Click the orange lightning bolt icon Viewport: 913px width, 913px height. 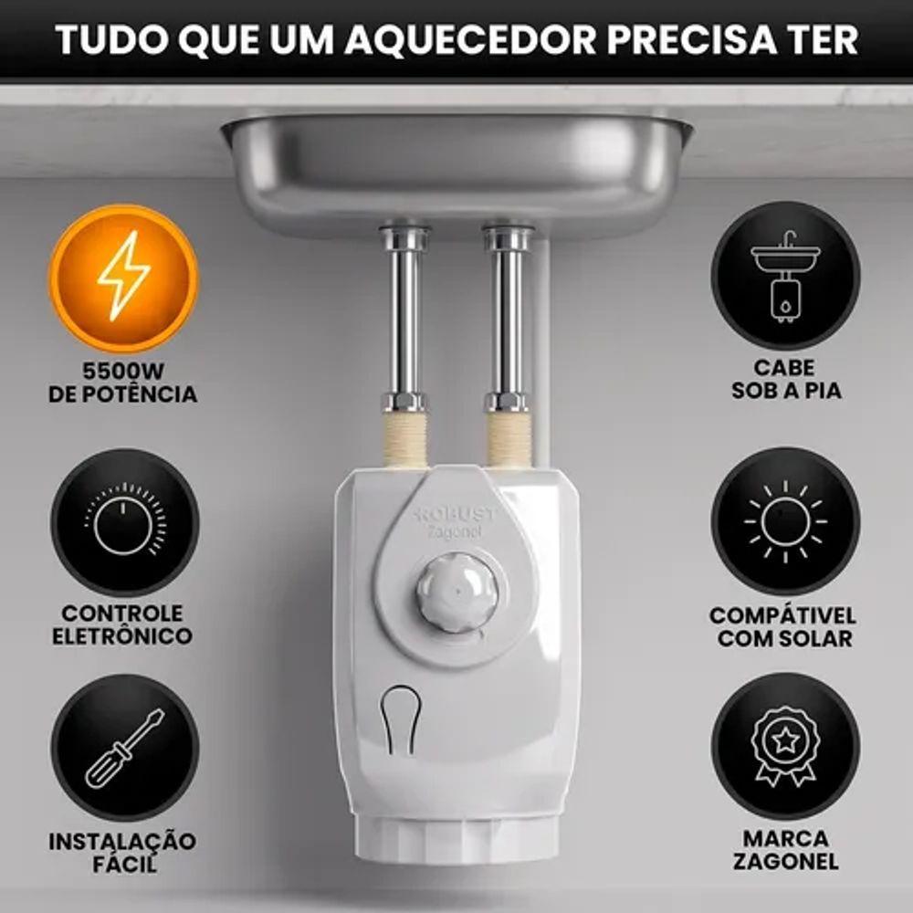(123, 278)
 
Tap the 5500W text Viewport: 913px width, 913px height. (123, 371)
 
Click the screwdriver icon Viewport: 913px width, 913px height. (124, 748)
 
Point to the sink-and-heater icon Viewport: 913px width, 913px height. (785, 276)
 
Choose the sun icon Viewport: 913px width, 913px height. (785, 521)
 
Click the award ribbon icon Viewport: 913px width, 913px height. (785, 747)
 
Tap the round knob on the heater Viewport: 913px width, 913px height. (457, 593)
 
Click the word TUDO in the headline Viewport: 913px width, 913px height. (110, 39)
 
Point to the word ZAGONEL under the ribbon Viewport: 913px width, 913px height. (785, 862)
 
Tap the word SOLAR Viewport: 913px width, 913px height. (820, 638)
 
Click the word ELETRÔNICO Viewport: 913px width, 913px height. (122, 635)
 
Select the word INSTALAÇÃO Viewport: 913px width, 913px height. (122, 841)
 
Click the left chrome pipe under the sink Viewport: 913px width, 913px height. (404, 319)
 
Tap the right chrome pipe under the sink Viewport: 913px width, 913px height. (508, 319)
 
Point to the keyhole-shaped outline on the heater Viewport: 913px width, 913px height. (400, 720)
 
